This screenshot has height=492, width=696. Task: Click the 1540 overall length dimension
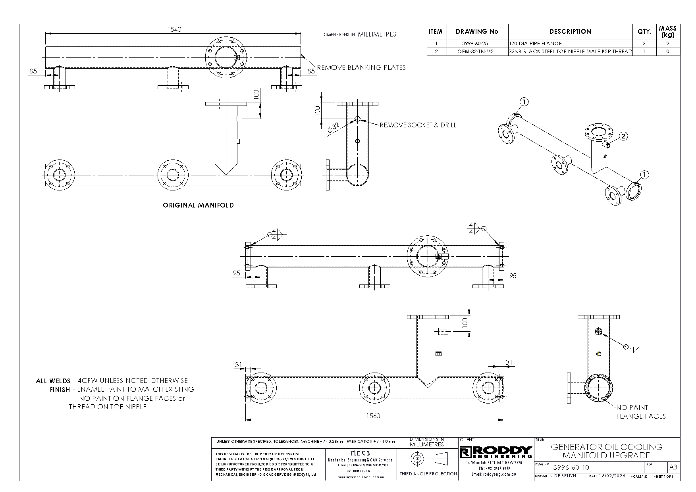(x=174, y=30)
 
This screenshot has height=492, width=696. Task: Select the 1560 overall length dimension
(x=373, y=416)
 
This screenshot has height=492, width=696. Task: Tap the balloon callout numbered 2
(x=623, y=136)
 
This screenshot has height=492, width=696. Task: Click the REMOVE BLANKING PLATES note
(x=361, y=67)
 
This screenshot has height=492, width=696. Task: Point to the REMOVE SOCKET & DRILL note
(x=418, y=125)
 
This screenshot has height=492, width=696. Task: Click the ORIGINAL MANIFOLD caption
(x=198, y=205)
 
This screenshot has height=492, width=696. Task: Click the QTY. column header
(x=644, y=32)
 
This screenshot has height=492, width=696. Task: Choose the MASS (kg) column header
(x=667, y=31)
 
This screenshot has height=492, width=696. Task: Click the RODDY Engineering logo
(x=496, y=452)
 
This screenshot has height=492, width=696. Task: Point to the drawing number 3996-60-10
(x=571, y=467)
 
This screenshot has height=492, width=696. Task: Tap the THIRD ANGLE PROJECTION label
(x=428, y=474)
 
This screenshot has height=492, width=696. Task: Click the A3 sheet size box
(x=673, y=467)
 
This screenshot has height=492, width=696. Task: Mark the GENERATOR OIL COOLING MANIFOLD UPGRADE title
(x=606, y=451)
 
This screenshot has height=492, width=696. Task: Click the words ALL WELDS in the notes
(x=53, y=381)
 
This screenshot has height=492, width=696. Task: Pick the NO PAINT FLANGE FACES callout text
(x=640, y=412)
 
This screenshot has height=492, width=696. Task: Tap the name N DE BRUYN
(x=563, y=476)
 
